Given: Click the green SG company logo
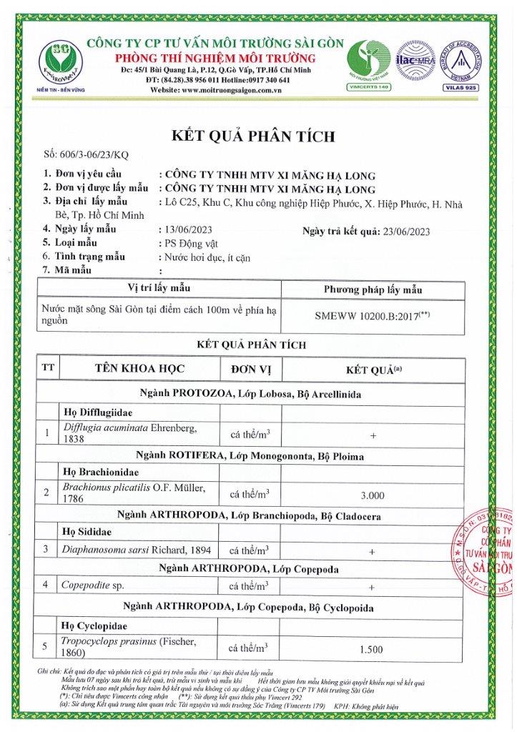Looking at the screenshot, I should pyautogui.click(x=59, y=61).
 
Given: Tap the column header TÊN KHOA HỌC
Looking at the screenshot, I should pyautogui.click(x=139, y=369).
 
